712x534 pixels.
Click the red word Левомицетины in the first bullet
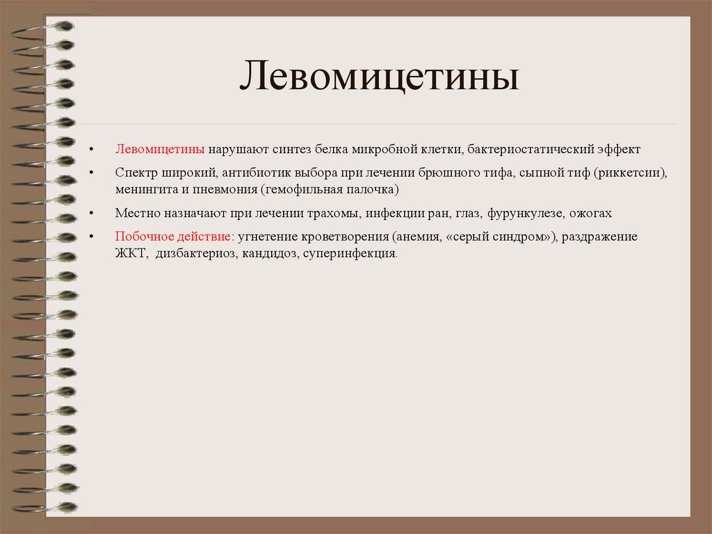coord(159,150)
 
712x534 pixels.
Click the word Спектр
coord(136,172)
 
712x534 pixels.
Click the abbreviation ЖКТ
coord(131,254)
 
